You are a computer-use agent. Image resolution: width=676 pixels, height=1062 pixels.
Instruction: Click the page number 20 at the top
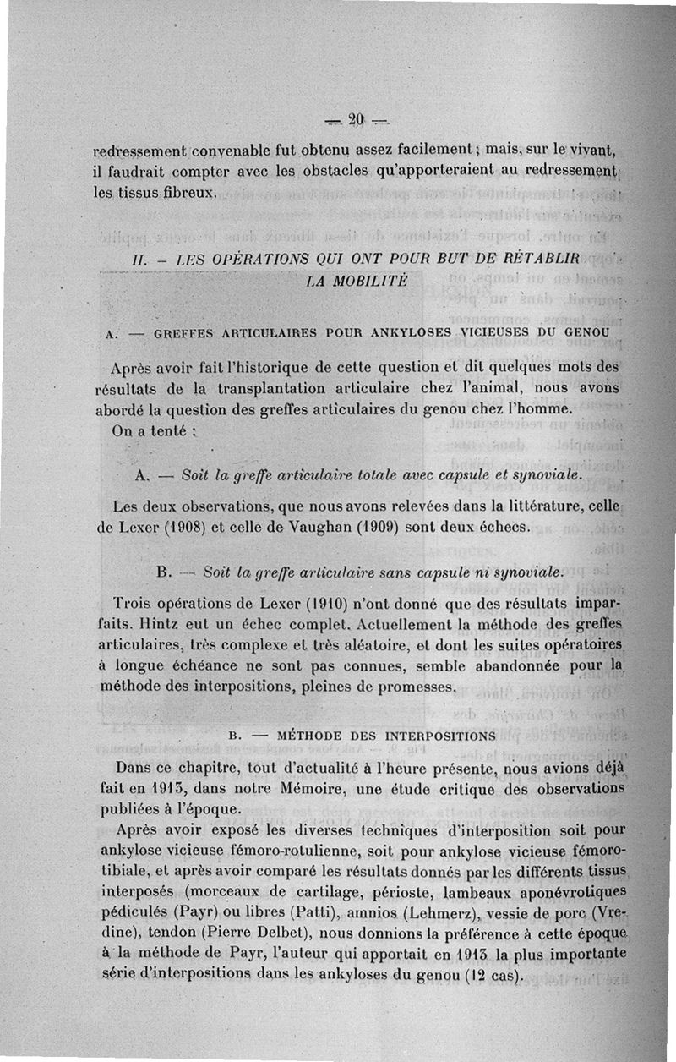pos(355,118)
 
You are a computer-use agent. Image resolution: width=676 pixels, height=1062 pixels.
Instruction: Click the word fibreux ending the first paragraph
pos(188,193)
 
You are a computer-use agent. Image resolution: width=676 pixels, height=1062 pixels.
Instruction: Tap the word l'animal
pos(455,388)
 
